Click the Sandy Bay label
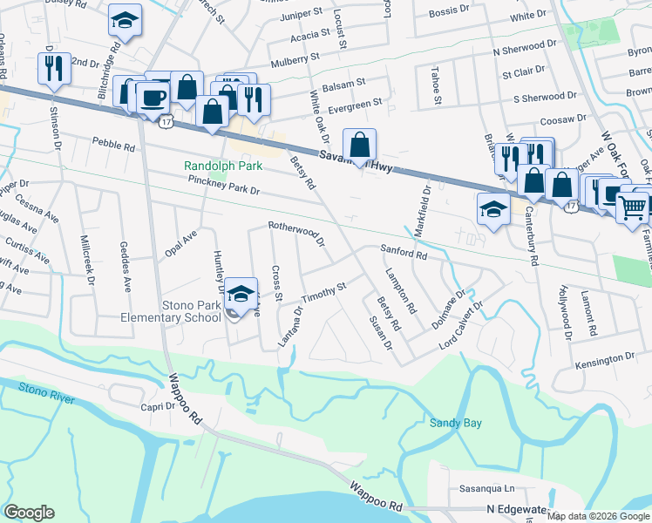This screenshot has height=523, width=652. [455, 423]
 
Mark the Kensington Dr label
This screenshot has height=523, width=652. [606, 358]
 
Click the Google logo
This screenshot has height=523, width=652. [29, 513]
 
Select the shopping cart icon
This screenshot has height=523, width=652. [634, 208]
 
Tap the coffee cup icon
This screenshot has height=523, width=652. [153, 98]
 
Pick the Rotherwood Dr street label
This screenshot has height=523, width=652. [295, 232]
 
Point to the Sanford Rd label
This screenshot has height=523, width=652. [403, 254]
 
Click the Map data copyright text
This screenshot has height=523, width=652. [598, 516]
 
